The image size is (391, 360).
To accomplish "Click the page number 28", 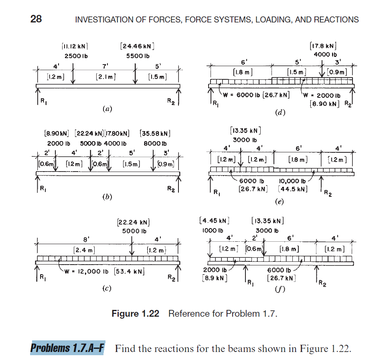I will coord(36,19).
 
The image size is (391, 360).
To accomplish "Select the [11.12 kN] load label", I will coord(75,47).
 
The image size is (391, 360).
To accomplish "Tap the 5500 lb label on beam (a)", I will coord(138,56).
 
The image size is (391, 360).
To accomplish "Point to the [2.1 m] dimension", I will coord(103,76).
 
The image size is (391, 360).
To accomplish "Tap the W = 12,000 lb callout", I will coord(89,271).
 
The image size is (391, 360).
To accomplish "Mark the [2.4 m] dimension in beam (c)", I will coord(84,250).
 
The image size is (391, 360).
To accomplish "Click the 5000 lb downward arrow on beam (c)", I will coord(132,245).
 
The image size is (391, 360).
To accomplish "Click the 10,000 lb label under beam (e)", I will coord(292,181).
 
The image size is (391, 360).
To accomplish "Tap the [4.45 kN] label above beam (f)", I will coord(214,221).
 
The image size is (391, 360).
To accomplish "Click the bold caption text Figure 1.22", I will coord(135,313).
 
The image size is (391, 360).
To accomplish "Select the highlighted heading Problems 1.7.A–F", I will coord(67,348).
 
